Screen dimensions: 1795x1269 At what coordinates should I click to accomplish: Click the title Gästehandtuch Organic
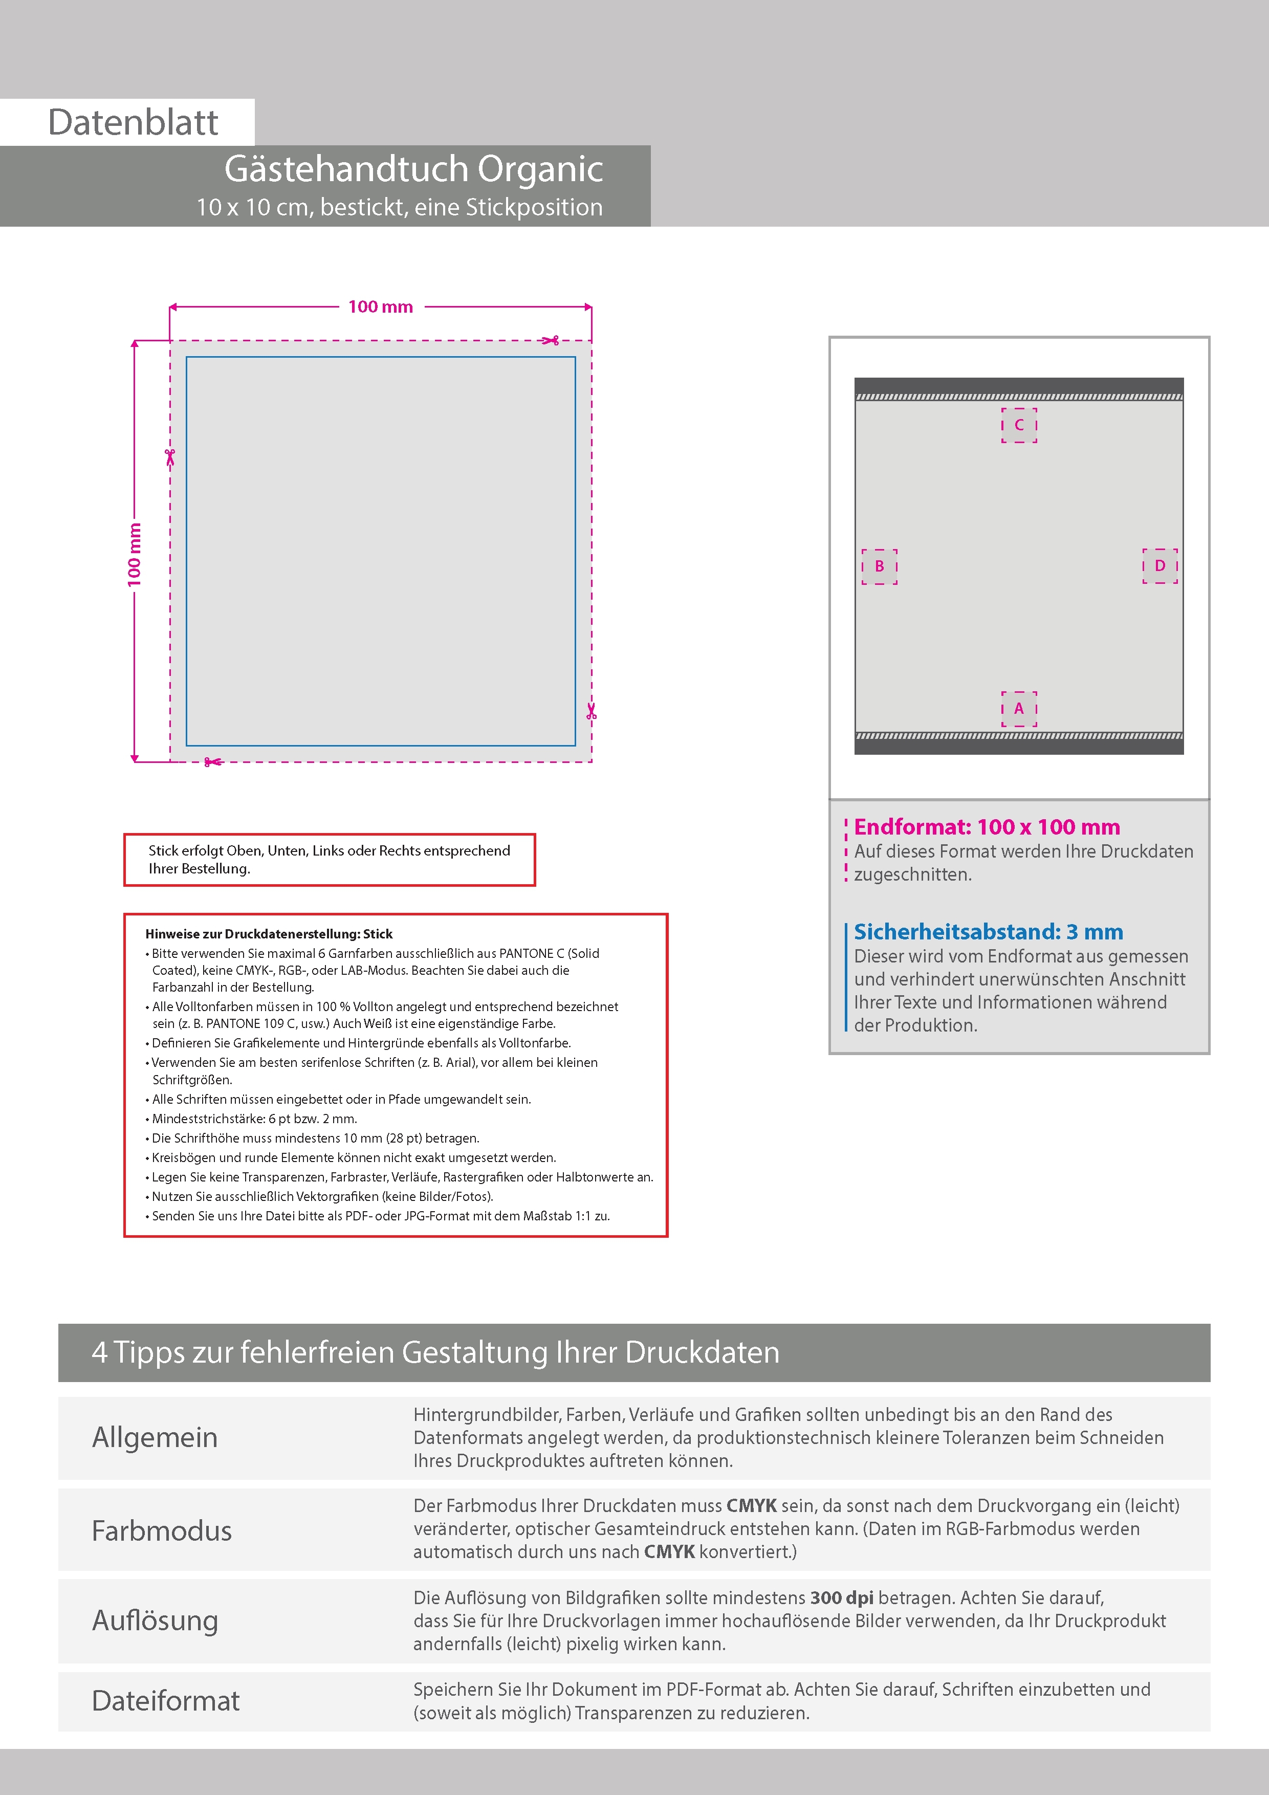[413, 169]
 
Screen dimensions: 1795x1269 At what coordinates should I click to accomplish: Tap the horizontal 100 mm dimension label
[380, 307]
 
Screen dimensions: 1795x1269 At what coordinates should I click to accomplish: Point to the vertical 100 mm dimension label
[135, 554]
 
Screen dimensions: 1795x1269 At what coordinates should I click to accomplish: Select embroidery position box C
[1019, 425]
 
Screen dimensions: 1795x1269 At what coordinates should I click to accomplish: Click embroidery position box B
[879, 566]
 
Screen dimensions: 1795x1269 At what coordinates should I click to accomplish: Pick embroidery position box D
[1159, 565]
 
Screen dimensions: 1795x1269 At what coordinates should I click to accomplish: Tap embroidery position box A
[1019, 708]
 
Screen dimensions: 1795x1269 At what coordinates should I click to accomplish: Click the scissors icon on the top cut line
[551, 340]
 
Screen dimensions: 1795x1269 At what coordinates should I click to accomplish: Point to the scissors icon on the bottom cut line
[212, 761]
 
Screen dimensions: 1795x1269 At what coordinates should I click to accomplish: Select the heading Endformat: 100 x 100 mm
[987, 826]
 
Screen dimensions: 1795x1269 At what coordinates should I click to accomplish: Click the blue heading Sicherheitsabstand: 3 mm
[988, 931]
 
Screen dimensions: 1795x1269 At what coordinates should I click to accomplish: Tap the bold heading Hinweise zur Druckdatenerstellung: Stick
[269, 933]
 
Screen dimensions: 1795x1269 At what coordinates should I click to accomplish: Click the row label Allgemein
[155, 1437]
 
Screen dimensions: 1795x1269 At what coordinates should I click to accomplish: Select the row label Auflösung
[155, 1620]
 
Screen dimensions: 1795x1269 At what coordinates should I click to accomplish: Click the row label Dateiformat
[166, 1700]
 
